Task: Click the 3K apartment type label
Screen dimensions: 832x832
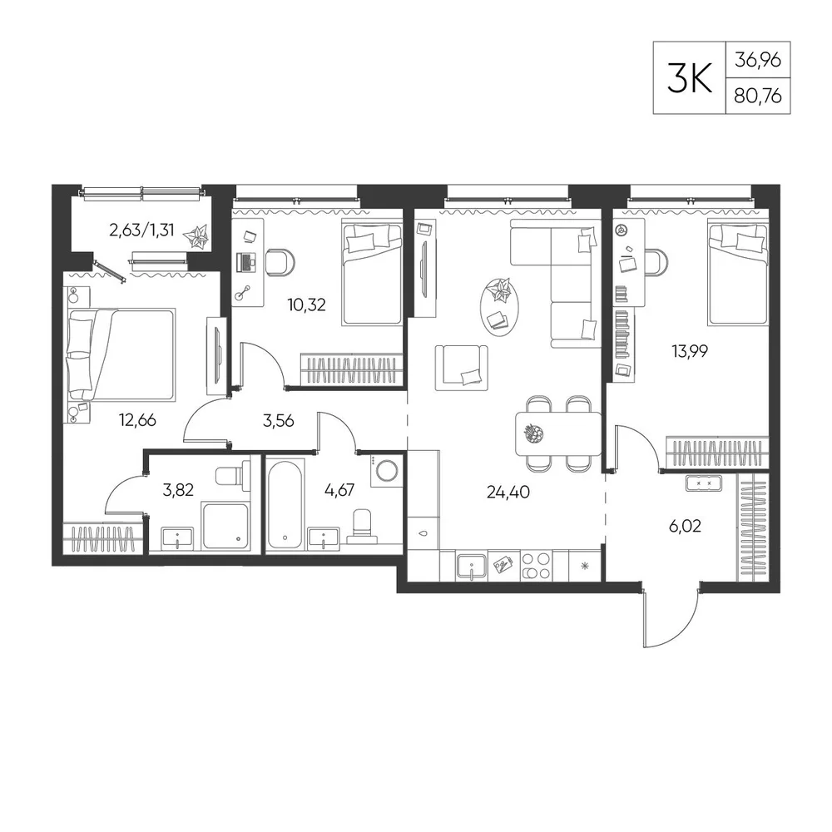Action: [689, 77]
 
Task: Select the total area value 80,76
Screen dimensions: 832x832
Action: [758, 96]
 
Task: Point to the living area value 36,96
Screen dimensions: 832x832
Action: [758, 60]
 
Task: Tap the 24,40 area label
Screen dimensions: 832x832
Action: [508, 492]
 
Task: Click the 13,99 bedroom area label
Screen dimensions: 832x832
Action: [689, 351]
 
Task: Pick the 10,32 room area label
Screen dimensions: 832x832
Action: [306, 305]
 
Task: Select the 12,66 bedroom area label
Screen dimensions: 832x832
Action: [137, 420]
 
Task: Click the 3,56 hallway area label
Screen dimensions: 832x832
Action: [278, 421]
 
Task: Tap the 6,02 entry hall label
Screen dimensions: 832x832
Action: [685, 527]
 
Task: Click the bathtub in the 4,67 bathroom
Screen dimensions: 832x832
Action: [286, 503]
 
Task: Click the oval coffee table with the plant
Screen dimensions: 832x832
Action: [498, 307]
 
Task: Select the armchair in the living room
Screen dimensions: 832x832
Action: [462, 368]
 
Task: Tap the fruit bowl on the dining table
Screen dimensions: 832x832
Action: [534, 433]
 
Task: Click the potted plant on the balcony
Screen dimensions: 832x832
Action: [196, 236]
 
